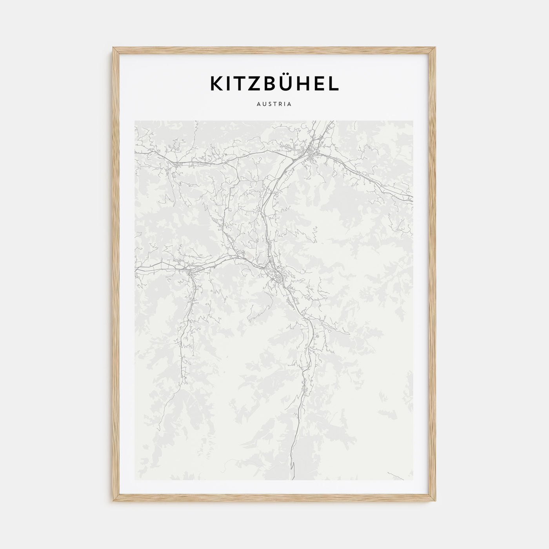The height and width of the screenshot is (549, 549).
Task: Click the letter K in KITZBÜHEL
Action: click(x=217, y=84)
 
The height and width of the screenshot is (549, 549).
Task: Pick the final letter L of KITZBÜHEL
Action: click(x=334, y=84)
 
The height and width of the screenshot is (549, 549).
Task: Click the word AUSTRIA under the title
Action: click(x=274, y=105)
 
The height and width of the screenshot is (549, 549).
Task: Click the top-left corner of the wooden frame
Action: click(x=113, y=48)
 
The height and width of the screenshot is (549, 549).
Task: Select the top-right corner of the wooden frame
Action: click(x=436, y=48)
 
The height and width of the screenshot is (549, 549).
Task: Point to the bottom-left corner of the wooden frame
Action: click(x=113, y=502)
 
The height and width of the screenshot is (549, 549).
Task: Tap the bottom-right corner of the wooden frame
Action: click(x=436, y=502)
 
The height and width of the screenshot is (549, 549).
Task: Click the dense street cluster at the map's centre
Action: click(x=278, y=274)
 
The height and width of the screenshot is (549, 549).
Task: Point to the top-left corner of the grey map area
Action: click(x=135, y=121)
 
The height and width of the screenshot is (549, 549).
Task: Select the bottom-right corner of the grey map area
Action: click(x=413, y=480)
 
